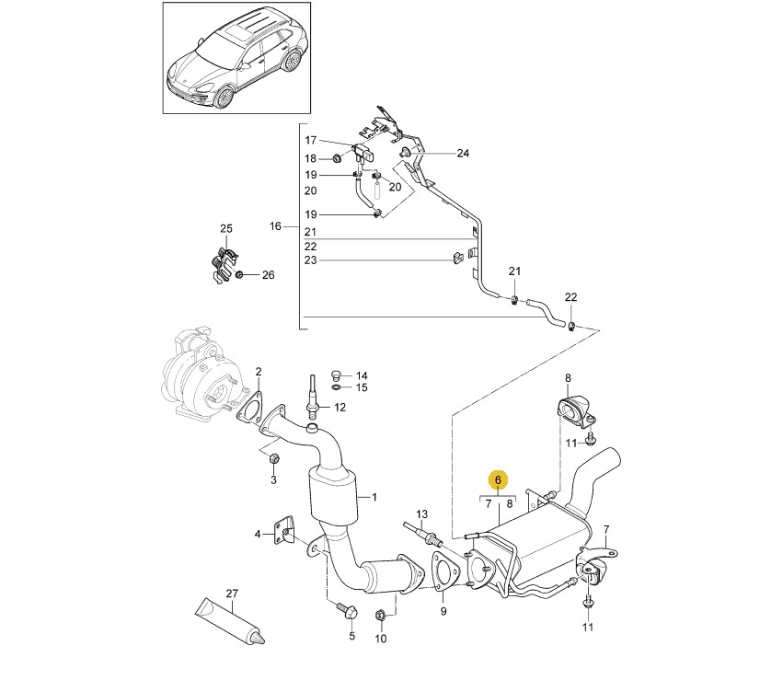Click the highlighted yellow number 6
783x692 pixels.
pos(497,479)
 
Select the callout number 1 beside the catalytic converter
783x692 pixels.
pos(374,497)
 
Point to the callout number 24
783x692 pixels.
pos(463,154)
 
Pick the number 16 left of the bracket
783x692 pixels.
pos(273,226)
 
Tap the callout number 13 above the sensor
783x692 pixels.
pos(422,513)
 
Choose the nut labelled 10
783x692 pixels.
pos(380,615)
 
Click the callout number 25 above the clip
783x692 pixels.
pos(226,228)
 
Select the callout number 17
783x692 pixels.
pos(310,141)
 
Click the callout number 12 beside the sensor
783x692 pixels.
pos(339,407)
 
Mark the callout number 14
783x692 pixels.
pos(362,375)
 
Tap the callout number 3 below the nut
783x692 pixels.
pos(273,481)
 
